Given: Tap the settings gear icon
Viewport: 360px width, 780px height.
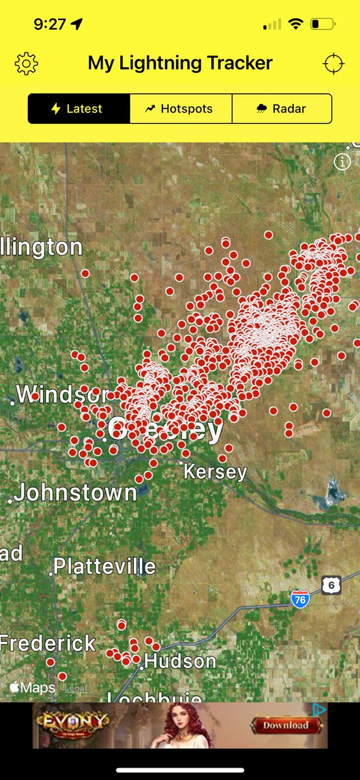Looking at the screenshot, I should [26, 63].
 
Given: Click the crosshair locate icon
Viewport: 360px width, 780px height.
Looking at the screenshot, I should [333, 63].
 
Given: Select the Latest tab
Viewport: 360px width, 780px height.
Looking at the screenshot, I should [78, 109].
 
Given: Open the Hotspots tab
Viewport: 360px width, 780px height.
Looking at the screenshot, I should [180, 109].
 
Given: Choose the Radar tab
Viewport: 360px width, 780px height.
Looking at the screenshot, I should [281, 109].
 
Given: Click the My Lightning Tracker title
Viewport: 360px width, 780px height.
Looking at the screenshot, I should [180, 63].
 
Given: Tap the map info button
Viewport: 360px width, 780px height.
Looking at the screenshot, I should [342, 162].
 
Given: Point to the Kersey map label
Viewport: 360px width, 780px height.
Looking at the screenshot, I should [215, 472].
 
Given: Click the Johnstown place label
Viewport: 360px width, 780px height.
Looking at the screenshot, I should [75, 493].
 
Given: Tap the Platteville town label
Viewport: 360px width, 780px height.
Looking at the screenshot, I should [104, 566].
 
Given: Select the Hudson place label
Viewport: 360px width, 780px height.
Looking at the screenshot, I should [179, 662].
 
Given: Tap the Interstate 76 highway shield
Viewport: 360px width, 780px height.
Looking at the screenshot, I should [300, 599].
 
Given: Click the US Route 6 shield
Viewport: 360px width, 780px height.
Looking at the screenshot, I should [331, 585].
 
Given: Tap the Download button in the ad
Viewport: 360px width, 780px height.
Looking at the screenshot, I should [286, 724].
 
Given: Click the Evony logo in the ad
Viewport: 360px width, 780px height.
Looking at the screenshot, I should [72, 722].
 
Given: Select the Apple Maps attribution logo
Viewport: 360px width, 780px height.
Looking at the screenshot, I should [32, 687].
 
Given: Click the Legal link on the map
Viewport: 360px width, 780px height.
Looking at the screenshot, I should [75, 688].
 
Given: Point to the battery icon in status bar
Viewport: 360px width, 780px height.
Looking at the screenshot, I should [322, 24].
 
